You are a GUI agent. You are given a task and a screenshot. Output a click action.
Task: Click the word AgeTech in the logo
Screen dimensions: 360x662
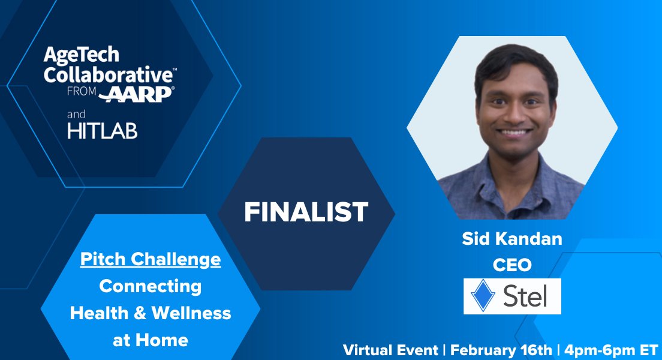pyautogui.click(x=81, y=56)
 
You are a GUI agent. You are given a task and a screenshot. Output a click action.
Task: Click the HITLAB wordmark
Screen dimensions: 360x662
pyautogui.click(x=102, y=131)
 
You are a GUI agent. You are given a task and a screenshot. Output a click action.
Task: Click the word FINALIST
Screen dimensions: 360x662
pyautogui.click(x=306, y=212)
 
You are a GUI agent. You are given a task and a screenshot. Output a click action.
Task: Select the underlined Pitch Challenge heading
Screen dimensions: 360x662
pyautogui.click(x=151, y=260)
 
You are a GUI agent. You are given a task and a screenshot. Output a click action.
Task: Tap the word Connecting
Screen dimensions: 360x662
pyautogui.click(x=151, y=286)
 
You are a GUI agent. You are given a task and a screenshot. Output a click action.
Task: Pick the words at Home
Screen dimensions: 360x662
pyautogui.click(x=151, y=340)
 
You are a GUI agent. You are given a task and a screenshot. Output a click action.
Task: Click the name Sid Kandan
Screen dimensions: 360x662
pyautogui.click(x=512, y=239)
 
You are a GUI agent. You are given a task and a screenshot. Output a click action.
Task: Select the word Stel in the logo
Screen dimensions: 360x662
pyautogui.click(x=525, y=296)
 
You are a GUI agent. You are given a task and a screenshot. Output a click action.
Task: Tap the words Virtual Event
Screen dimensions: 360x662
pyautogui.click(x=390, y=350)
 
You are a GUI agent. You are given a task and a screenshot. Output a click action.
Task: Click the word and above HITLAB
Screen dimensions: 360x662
pyautogui.click(x=77, y=114)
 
